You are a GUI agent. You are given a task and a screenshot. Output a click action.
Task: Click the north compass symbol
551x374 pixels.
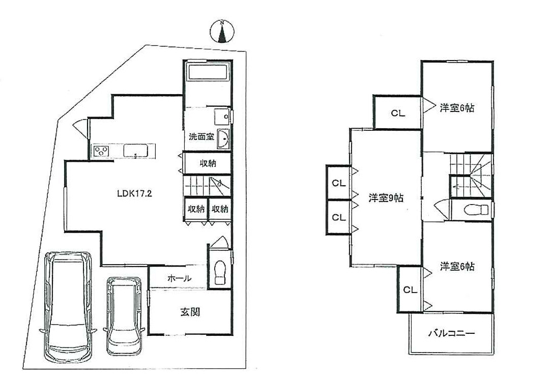(222, 31)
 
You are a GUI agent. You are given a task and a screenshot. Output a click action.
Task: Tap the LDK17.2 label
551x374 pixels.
(135, 193)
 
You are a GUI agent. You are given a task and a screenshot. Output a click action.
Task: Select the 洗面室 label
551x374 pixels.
(201, 137)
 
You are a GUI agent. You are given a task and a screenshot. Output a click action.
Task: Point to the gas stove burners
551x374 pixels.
(101, 151)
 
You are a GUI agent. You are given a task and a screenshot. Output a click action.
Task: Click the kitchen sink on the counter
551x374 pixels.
(136, 151)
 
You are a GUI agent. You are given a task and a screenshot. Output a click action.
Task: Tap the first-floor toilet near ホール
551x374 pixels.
(220, 272)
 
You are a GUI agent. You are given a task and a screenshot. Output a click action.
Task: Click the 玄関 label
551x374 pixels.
(190, 311)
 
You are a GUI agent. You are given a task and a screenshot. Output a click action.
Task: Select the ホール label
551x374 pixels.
(179, 278)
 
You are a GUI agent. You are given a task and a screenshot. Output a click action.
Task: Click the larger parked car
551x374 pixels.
(68, 303)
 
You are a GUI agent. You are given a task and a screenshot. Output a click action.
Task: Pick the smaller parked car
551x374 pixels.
(124, 316)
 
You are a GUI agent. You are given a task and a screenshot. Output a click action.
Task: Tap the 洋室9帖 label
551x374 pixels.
(386, 198)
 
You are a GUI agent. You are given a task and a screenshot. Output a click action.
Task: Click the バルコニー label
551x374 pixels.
(452, 332)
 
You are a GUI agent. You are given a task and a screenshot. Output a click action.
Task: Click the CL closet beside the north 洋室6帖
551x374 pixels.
(398, 112)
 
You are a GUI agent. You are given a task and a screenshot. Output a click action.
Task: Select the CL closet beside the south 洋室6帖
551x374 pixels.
(410, 290)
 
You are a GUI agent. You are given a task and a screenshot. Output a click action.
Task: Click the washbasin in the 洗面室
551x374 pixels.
(223, 139)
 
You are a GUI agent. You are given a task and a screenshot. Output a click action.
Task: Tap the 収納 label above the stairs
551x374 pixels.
(208, 163)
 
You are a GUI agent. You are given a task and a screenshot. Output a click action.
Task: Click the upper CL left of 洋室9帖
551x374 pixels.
(339, 183)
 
